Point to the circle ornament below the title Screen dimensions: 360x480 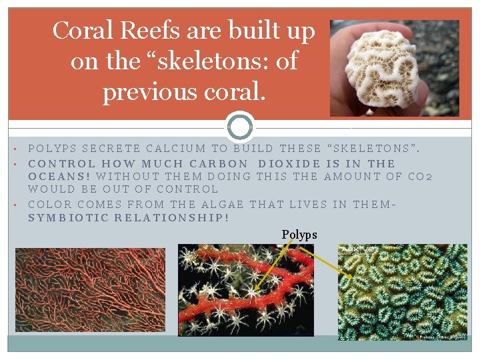[240, 127]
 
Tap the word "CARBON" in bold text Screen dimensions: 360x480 [219, 163]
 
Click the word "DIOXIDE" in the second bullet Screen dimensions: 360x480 [289, 163]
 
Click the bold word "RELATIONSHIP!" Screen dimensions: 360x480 [172, 218]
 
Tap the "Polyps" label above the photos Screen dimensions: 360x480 [299, 235]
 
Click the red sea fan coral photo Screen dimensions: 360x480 [90, 290]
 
